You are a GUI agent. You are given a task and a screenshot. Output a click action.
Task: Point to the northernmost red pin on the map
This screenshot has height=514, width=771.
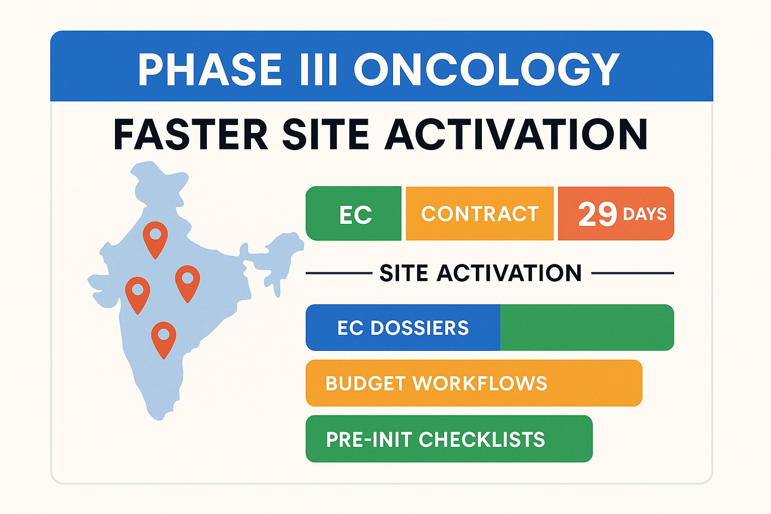pos(155,237)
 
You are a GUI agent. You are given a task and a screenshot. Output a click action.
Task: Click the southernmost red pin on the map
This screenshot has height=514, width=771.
pos(164,337)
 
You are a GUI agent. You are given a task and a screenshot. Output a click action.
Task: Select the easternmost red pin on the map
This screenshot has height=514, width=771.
pos(187,281)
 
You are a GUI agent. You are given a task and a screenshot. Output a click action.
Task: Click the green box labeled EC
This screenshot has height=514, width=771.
pos(354,214)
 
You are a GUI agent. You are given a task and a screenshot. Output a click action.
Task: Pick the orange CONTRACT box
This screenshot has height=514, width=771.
pos(480,214)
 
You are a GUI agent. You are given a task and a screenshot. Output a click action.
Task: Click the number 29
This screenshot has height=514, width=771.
pos(597,214)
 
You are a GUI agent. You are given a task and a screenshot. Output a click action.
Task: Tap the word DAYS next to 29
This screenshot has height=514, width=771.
pos(645,214)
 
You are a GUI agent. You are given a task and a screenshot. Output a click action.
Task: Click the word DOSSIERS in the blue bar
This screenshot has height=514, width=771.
pos(420,328)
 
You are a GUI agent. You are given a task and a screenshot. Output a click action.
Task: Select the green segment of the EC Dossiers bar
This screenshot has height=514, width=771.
pos(586,327)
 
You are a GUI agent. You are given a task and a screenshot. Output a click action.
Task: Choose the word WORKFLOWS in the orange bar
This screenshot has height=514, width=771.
pos(480,383)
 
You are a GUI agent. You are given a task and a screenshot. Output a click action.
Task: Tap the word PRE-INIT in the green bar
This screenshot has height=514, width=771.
pos(369,440)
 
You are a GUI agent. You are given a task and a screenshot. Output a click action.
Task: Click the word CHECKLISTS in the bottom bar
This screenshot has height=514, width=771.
pos(482,440)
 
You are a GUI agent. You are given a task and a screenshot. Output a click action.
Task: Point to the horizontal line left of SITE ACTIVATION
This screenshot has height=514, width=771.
pos(339,274)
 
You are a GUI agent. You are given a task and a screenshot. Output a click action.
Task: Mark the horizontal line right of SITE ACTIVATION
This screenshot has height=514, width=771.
pos(632,274)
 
